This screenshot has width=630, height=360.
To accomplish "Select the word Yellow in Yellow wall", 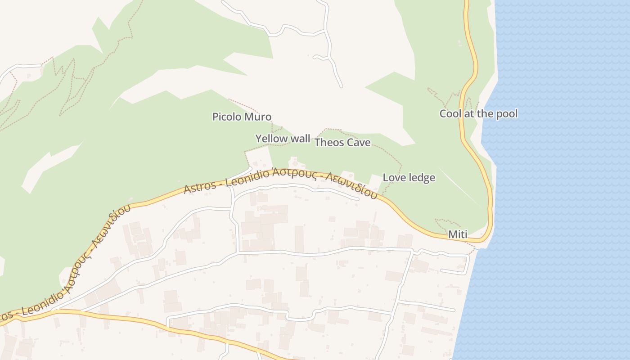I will (270, 139).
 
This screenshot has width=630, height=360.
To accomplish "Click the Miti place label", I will (458, 234).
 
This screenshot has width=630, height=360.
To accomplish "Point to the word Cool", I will (450, 114).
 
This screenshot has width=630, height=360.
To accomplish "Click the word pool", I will (507, 114).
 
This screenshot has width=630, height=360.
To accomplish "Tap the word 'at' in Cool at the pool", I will (468, 114).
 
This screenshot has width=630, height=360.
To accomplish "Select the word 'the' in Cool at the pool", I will (485, 114).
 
